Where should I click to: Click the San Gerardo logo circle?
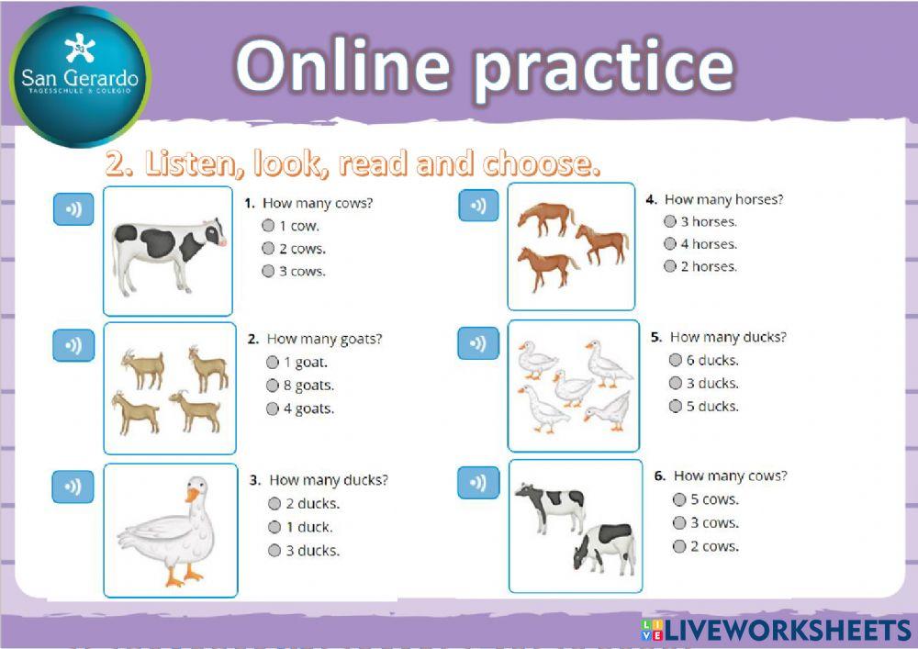[x=80, y=76]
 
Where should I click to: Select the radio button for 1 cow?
[x=268, y=226]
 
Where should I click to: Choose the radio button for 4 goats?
[x=273, y=409]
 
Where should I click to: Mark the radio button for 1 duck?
[x=274, y=527]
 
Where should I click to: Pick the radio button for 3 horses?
[x=670, y=221]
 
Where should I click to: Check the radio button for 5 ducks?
[x=676, y=407]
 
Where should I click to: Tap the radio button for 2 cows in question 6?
[x=679, y=546]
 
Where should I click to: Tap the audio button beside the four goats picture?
[x=73, y=345]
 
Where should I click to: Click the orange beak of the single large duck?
[x=191, y=496]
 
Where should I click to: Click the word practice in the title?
[x=603, y=66]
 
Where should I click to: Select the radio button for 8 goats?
[x=273, y=386]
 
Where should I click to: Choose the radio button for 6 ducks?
[x=676, y=361]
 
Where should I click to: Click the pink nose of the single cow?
[x=220, y=241]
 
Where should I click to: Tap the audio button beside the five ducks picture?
[x=477, y=344]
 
